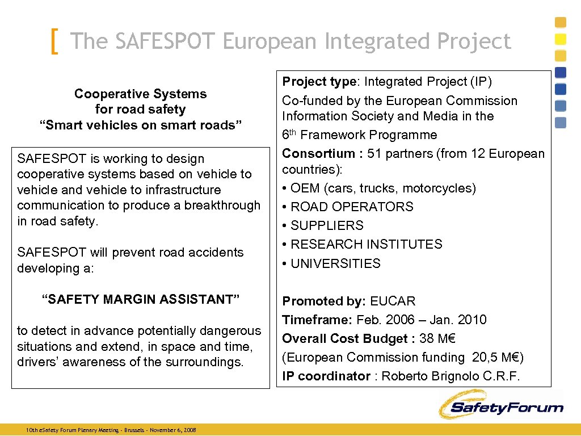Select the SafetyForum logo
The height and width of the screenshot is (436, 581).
pos(500,406)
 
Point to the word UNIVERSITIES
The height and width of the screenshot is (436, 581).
pos(335,263)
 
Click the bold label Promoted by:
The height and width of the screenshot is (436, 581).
pos(324,301)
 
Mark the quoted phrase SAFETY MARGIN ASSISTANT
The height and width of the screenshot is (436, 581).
pos(141,299)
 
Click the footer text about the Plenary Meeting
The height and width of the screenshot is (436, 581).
pos(111,430)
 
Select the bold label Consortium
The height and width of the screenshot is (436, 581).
pos(318,153)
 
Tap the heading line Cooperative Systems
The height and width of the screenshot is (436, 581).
pos(140,94)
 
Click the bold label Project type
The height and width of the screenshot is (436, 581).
pos(319,82)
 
